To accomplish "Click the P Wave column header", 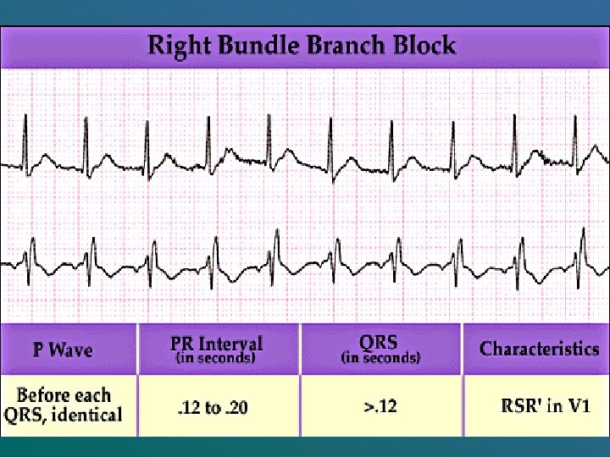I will [63, 349].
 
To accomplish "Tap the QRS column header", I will [380, 342].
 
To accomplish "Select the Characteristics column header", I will [539, 349].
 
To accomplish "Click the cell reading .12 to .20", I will [212, 407].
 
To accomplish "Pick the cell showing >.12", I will [380, 406].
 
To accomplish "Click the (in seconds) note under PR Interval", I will [217, 358].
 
